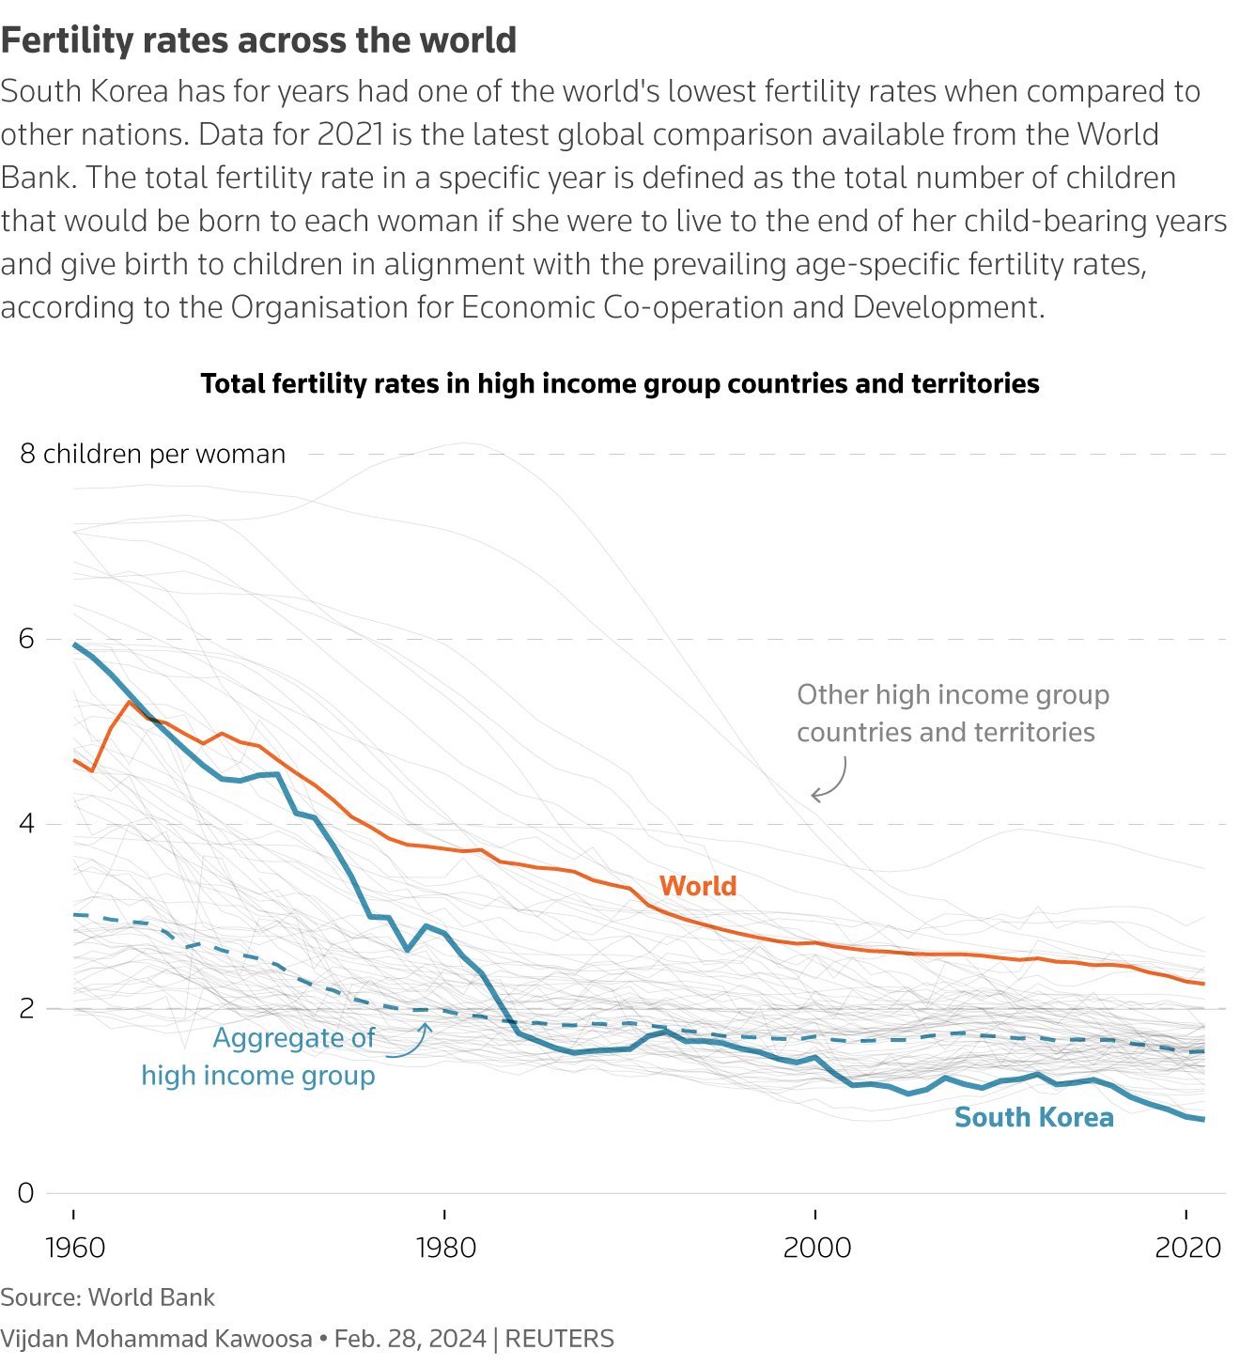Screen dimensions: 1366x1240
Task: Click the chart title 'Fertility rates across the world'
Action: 258,40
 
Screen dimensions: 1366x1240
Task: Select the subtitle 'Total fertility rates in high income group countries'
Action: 620,383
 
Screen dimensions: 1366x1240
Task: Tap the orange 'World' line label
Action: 698,886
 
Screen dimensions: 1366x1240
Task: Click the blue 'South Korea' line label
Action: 1033,1117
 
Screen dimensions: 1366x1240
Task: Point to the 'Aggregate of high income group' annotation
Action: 259,1057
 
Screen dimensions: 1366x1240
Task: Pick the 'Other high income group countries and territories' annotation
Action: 953,713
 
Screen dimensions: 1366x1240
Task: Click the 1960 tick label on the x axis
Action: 74,1248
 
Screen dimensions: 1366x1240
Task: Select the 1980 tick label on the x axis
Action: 445,1248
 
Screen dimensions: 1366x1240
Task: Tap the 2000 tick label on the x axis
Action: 816,1248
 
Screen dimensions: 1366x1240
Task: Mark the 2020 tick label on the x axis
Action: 1187,1248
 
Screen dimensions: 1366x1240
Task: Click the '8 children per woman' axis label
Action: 152,454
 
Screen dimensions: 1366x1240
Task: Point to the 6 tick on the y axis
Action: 25,639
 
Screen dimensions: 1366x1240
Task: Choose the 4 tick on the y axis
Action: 25,824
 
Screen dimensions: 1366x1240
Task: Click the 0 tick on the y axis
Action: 25,1193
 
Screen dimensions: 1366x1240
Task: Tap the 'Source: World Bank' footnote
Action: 107,1297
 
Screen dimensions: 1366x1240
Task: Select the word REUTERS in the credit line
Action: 560,1339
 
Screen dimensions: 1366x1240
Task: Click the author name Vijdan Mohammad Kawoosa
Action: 156,1339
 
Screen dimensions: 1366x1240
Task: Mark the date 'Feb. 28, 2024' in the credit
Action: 410,1339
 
